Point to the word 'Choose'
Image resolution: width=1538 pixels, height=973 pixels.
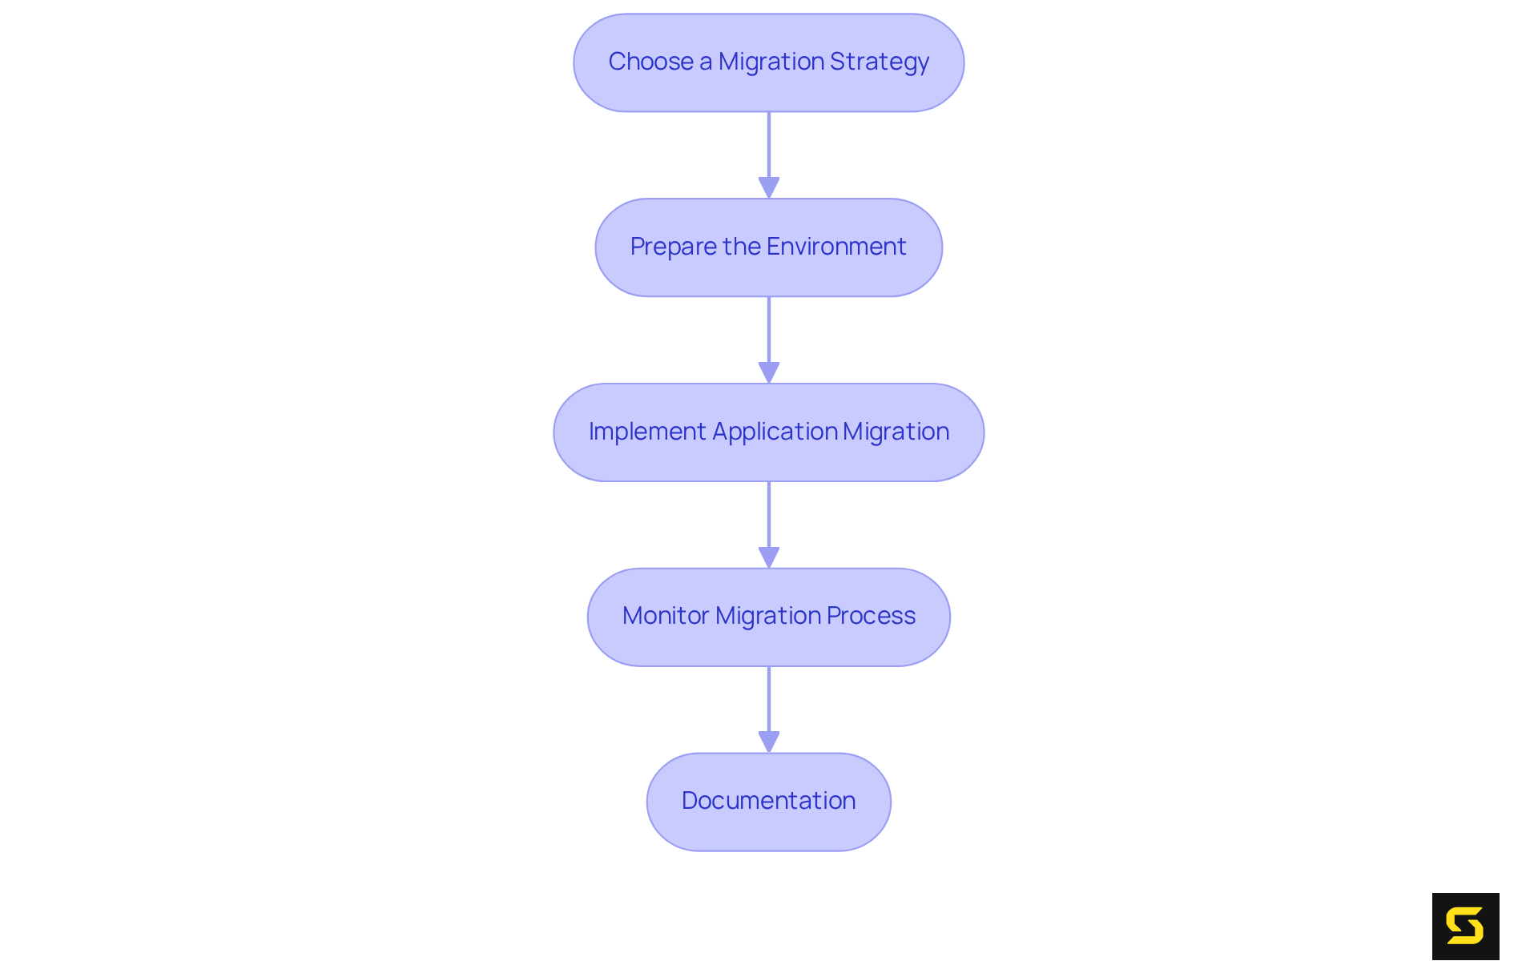click(x=650, y=62)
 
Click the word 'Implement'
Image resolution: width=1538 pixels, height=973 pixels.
click(x=647, y=432)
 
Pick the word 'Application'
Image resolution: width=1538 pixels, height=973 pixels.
click(x=775, y=432)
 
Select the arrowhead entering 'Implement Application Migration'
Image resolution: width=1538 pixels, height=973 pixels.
click(x=769, y=372)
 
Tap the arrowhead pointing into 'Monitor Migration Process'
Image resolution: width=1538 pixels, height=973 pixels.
click(x=769, y=557)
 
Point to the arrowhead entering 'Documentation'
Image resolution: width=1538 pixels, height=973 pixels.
click(x=769, y=742)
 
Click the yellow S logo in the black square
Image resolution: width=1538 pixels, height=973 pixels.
click(x=1465, y=927)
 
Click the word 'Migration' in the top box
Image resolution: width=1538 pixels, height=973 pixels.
click(x=771, y=62)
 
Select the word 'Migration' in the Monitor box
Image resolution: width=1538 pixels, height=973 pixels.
click(x=767, y=616)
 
